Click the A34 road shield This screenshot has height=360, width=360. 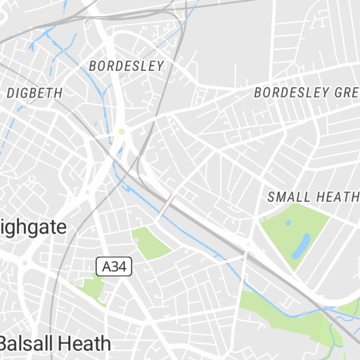[114, 267]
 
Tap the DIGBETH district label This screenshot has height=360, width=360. [34, 93]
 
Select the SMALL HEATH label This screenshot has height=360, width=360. [314, 198]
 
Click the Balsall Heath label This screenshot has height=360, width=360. [55, 343]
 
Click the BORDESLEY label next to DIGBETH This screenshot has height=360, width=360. [127, 66]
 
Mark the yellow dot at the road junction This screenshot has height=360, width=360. [121, 131]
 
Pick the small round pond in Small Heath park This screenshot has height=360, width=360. [288, 224]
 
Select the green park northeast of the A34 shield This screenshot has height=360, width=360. [151, 243]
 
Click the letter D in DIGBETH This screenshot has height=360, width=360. [10, 93]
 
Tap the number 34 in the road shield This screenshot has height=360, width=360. [118, 267]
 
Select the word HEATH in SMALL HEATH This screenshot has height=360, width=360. [337, 198]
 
